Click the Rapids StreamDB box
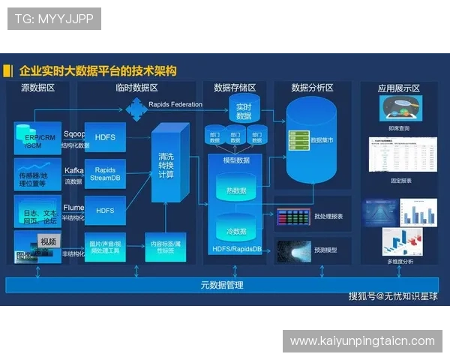[x=105, y=174]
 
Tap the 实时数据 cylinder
[x=243, y=111]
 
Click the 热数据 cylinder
[x=236, y=190]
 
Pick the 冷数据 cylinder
[x=236, y=231]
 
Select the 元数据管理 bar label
[x=222, y=286]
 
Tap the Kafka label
[x=73, y=170]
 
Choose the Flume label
[x=73, y=207]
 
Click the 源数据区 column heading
[x=37, y=88]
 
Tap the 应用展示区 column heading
[x=399, y=88]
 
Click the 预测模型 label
[x=325, y=250]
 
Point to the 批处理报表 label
[x=328, y=217]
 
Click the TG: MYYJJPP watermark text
[x=54, y=19]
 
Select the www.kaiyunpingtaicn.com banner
[x=362, y=341]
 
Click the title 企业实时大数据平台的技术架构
[x=97, y=70]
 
